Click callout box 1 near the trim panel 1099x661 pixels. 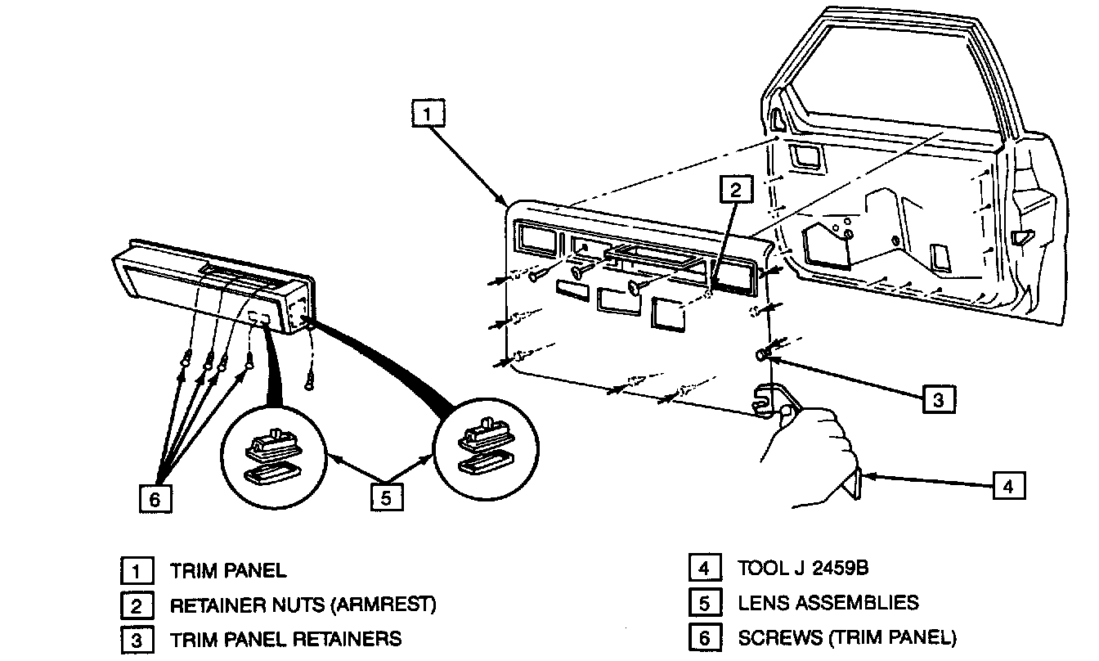[x=428, y=114]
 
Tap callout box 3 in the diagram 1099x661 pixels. [x=938, y=399]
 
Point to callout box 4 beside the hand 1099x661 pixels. [x=1008, y=486]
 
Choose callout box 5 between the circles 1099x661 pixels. [x=387, y=496]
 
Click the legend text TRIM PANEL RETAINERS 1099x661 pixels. [x=285, y=638]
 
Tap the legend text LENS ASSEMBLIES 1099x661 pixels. [x=828, y=603]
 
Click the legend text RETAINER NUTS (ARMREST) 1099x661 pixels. [x=303, y=605]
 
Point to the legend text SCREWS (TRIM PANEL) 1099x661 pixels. [x=846, y=636]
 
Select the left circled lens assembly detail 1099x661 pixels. [x=274, y=456]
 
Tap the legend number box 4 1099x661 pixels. [x=704, y=568]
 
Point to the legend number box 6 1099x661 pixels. [x=704, y=637]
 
